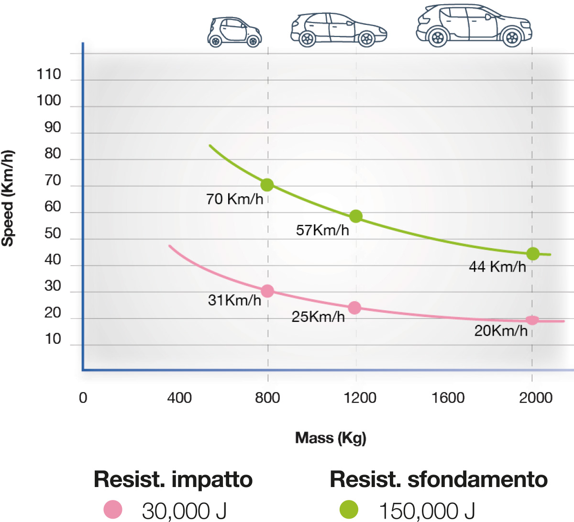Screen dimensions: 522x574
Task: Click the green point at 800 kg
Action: pyautogui.click(x=267, y=185)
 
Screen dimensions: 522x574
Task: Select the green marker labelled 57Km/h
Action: pyautogui.click(x=355, y=216)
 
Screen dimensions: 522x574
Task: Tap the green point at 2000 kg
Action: pyautogui.click(x=532, y=254)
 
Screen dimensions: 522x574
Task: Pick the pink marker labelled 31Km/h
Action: pyautogui.click(x=267, y=291)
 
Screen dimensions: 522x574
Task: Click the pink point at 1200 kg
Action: pyautogui.click(x=354, y=307)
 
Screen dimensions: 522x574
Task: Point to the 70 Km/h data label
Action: pyautogui.click(x=234, y=199)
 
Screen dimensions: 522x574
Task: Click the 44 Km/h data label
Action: pyautogui.click(x=497, y=267)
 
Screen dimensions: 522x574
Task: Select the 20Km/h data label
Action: pyautogui.click(x=500, y=331)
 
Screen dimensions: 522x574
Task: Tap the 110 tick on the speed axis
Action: pyautogui.click(x=49, y=75)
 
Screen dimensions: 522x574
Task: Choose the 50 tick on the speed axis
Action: pyautogui.click(x=53, y=234)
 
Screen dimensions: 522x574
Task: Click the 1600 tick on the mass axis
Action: pyautogui.click(x=448, y=398)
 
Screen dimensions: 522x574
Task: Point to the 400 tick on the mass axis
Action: pyautogui.click(x=179, y=398)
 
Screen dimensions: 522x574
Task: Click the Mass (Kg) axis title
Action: pyautogui.click(x=331, y=438)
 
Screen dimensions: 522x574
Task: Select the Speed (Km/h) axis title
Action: pyautogui.click(x=8, y=198)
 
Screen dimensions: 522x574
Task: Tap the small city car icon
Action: pyautogui.click(x=234, y=32)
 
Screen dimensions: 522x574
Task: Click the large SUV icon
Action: pyautogui.click(x=474, y=26)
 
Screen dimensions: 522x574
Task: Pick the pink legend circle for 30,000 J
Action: pyautogui.click(x=113, y=510)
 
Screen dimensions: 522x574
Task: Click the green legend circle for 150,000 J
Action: pyautogui.click(x=349, y=510)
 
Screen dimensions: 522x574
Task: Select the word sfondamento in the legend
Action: pyautogui.click(x=477, y=479)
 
